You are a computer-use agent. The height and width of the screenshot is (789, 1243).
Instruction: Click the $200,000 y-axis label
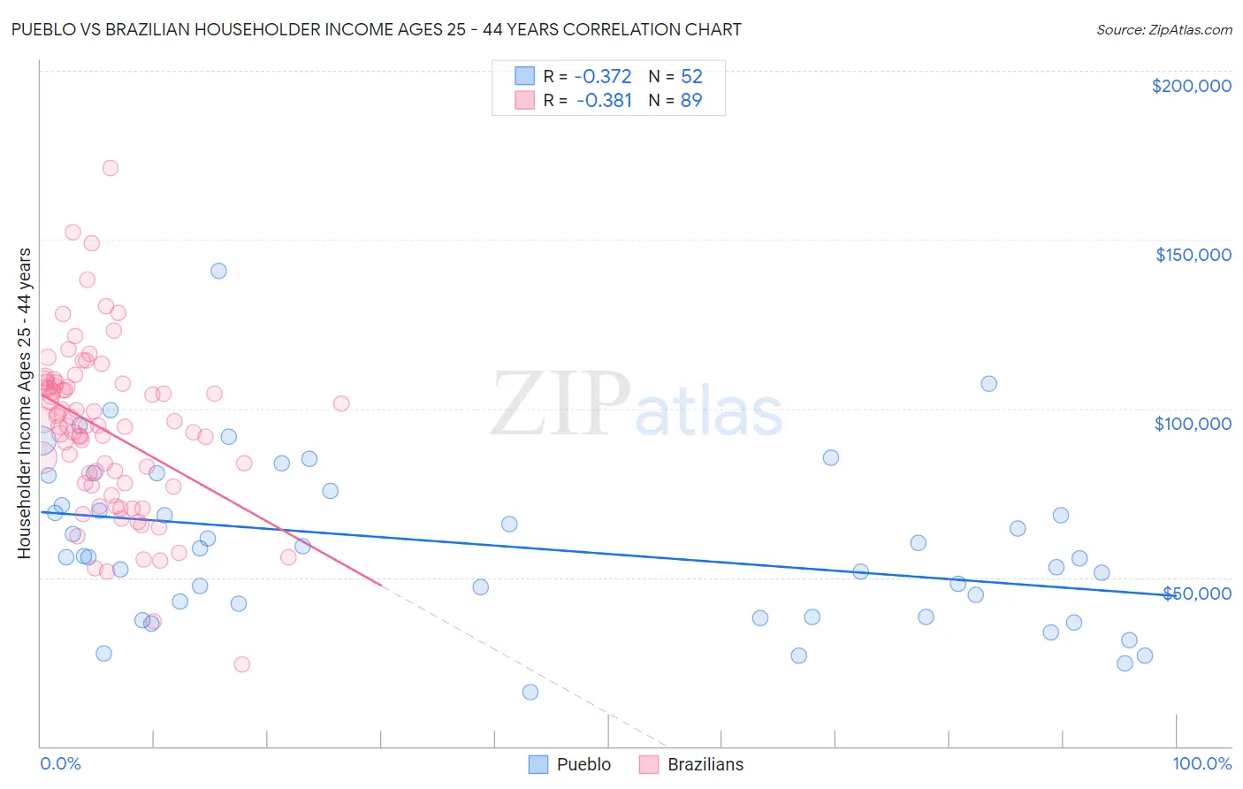pyautogui.click(x=1191, y=86)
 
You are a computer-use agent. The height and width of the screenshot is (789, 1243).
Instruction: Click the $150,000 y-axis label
pyautogui.click(x=1193, y=255)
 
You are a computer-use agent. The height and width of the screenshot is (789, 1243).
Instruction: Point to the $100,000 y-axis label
pyautogui.click(x=1193, y=424)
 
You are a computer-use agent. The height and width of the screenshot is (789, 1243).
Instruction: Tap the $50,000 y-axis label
pyautogui.click(x=1196, y=593)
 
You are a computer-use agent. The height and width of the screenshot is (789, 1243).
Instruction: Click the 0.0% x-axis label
pyautogui.click(x=60, y=763)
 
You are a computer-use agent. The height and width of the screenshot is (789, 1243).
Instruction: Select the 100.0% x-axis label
pyautogui.click(x=1201, y=763)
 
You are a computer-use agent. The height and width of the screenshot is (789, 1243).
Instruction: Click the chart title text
pyautogui.click(x=376, y=29)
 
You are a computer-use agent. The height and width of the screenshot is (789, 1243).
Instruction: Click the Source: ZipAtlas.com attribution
pyautogui.click(x=1163, y=29)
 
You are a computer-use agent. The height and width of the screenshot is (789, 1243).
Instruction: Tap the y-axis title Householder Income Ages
pyautogui.click(x=25, y=402)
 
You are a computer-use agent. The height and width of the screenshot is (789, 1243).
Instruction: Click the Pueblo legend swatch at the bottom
pyautogui.click(x=538, y=764)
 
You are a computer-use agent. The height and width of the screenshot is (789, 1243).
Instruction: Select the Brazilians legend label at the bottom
pyautogui.click(x=705, y=764)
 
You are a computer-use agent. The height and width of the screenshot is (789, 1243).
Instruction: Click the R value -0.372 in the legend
pyautogui.click(x=603, y=77)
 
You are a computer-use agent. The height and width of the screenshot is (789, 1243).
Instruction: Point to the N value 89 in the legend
pyautogui.click(x=690, y=101)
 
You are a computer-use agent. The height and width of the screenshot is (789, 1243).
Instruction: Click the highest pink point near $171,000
pyautogui.click(x=111, y=168)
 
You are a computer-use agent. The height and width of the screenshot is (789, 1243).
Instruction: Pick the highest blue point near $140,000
pyautogui.click(x=218, y=271)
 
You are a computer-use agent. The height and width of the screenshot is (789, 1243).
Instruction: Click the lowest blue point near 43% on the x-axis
pyautogui.click(x=530, y=692)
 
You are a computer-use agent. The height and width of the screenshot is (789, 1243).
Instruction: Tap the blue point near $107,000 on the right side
pyautogui.click(x=988, y=383)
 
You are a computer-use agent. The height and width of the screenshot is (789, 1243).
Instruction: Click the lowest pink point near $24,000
pyautogui.click(x=241, y=664)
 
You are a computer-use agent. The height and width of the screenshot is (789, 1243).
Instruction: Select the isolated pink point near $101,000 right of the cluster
pyautogui.click(x=341, y=403)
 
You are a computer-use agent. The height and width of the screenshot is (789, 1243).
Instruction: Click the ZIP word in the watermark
pyautogui.click(x=560, y=404)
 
